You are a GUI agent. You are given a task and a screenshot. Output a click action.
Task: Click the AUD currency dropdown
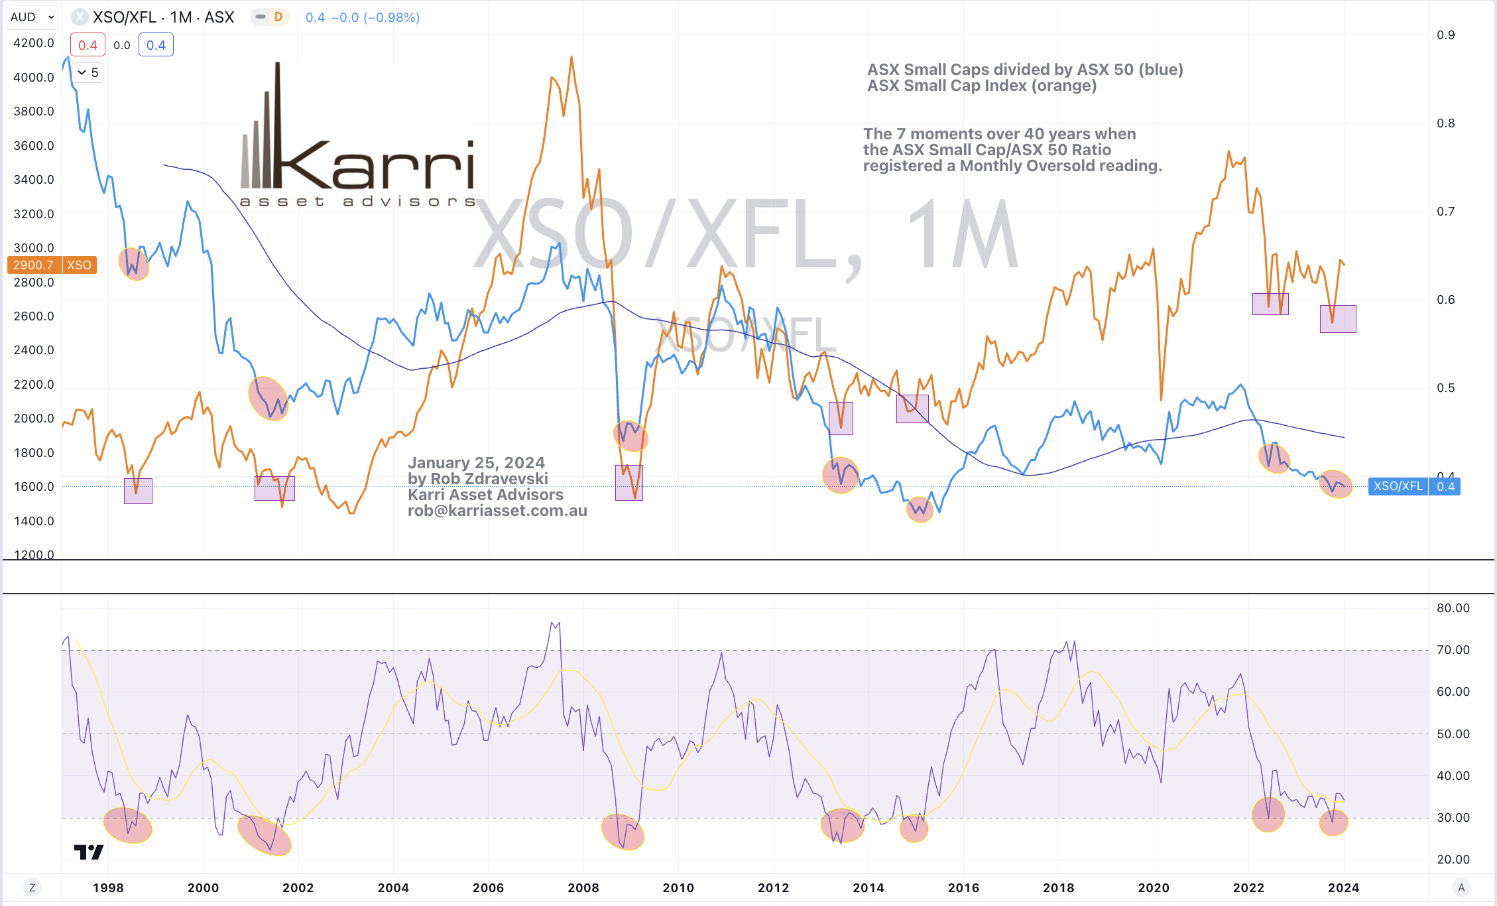[32, 17]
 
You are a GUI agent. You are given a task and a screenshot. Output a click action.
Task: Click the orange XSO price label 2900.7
[34, 265]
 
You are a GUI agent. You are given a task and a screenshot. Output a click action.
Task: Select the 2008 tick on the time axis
[583, 887]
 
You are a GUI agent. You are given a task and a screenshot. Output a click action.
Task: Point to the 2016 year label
[963, 887]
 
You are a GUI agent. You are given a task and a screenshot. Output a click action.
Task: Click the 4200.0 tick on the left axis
[34, 43]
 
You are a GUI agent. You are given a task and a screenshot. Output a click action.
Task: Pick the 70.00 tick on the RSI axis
[1453, 650]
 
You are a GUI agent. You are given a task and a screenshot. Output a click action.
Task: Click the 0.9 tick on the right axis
[1445, 35]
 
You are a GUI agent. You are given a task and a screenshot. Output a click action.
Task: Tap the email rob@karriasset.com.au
[497, 511]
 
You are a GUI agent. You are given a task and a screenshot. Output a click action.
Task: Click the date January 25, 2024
[476, 463]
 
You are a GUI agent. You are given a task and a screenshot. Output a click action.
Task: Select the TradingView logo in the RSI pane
[88, 852]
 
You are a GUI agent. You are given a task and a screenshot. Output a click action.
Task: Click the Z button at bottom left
[32, 887]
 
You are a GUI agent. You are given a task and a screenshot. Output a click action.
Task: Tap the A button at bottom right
[1461, 887]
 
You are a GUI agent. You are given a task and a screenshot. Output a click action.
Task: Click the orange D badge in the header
[278, 17]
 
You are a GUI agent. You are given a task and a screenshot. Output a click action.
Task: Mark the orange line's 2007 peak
[571, 58]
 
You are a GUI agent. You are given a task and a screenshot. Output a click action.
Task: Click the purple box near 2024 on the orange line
[1338, 319]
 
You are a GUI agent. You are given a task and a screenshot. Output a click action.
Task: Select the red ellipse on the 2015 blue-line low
[920, 509]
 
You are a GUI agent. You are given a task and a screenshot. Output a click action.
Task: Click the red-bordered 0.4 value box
[88, 45]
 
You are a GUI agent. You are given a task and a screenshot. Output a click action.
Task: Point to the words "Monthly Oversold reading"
[1061, 166]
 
